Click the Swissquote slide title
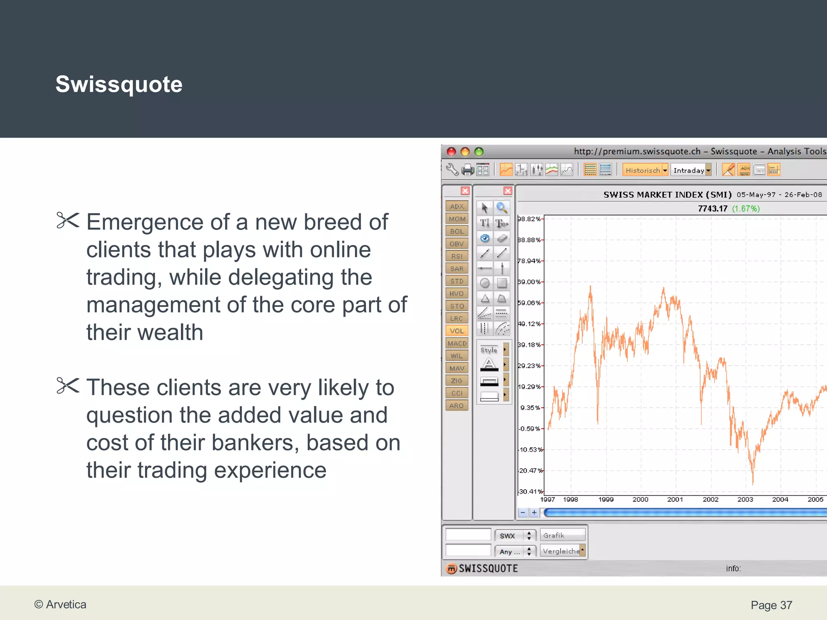click(119, 84)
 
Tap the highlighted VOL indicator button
click(457, 331)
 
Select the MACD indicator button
click(457, 343)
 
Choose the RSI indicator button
click(457, 256)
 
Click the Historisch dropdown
click(645, 170)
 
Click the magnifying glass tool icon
click(502, 207)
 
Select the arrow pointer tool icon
click(485, 207)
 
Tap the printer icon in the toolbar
click(468, 170)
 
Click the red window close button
click(451, 152)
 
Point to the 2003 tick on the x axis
click(745, 499)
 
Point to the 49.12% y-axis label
click(529, 324)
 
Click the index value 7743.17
click(712, 208)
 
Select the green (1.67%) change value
click(746, 208)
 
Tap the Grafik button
click(562, 535)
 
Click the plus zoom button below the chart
click(534, 513)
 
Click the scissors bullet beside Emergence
click(68, 220)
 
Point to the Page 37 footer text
click(771, 605)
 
